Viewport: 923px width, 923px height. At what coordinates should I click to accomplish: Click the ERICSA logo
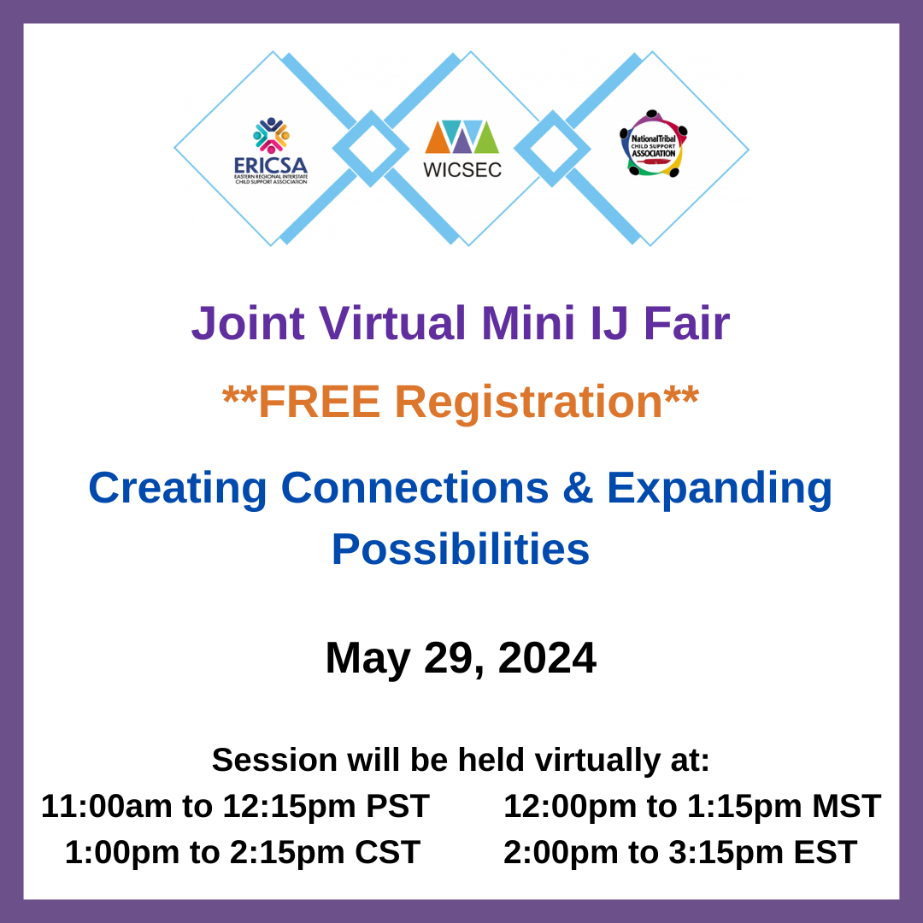[x=271, y=150]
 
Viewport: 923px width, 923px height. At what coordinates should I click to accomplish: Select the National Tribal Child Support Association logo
[x=653, y=144]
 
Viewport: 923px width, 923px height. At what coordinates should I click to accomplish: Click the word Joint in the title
[x=248, y=323]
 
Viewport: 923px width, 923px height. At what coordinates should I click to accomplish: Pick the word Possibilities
[x=461, y=549]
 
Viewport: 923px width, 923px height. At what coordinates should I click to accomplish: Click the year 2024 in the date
[x=547, y=658]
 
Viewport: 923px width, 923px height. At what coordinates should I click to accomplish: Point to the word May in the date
[x=364, y=658]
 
